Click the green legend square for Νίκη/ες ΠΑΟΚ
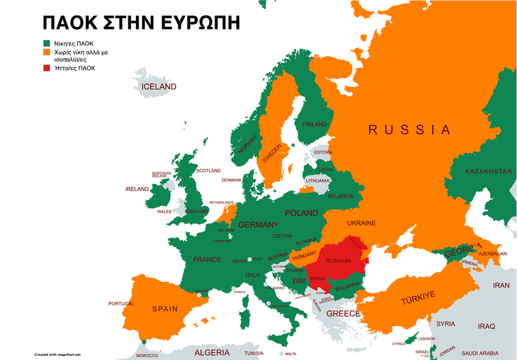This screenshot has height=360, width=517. [x=46, y=43]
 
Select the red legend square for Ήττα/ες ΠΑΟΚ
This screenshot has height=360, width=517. [x=46, y=68]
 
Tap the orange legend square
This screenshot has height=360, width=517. [x=46, y=51]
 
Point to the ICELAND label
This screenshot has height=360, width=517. [x=159, y=87]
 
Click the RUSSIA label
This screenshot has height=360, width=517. [x=409, y=130]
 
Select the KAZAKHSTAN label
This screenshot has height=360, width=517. [x=488, y=172]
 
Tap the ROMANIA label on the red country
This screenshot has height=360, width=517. [x=339, y=260]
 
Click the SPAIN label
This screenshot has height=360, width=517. [x=165, y=309]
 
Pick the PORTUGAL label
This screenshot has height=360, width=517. [x=121, y=303]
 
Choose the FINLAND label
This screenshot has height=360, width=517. [x=315, y=124]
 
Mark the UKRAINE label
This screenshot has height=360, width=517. [x=361, y=223]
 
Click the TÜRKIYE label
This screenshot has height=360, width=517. [x=418, y=297]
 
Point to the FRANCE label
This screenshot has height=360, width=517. [x=206, y=259]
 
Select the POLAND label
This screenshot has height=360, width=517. [x=301, y=213]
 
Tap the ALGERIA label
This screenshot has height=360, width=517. [x=212, y=352]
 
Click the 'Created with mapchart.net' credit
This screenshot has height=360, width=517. [x=57, y=353]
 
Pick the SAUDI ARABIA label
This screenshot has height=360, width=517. [x=479, y=353]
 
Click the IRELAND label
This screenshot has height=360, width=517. [x=136, y=189]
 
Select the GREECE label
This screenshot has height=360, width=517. [x=343, y=314]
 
